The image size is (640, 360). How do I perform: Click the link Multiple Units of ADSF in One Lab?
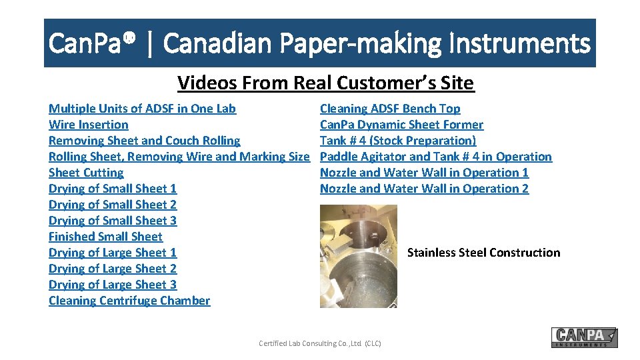142,109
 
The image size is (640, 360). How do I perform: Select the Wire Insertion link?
89,125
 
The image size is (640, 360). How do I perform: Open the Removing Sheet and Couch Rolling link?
145,141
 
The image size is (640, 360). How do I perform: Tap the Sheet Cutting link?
86,173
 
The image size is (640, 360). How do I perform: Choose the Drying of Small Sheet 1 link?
113,189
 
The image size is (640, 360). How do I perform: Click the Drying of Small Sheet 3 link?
113,221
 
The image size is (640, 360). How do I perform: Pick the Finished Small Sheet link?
105,237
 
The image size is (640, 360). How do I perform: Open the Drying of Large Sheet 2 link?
113,269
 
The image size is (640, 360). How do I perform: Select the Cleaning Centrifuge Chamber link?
129,301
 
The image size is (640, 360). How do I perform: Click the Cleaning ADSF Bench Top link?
390,109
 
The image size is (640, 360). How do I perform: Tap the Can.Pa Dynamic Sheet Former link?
401,125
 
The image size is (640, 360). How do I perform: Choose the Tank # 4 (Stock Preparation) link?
398,141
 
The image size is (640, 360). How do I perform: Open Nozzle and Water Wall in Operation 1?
424,173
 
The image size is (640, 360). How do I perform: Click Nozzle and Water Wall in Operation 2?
424,189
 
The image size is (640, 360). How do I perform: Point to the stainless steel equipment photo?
358,256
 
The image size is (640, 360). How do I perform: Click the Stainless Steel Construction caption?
483,253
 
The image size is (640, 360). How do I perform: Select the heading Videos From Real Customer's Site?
325,83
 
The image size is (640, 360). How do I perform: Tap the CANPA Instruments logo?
584,337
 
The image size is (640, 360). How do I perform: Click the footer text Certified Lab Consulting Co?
320,343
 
